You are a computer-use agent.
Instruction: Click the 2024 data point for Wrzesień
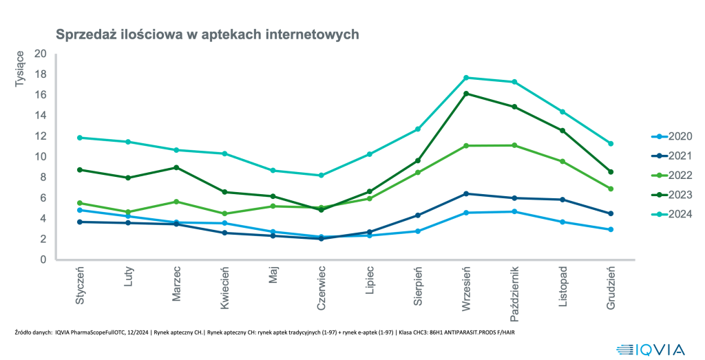click(466, 78)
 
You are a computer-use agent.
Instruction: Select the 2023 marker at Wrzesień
click(466, 94)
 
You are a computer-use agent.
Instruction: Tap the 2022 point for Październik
click(514, 145)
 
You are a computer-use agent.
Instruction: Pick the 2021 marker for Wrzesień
click(466, 193)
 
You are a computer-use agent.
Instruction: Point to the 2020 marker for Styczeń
click(80, 210)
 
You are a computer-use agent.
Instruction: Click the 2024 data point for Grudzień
click(611, 143)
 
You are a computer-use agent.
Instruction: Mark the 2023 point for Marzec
click(176, 167)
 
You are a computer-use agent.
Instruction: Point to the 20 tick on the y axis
click(41, 54)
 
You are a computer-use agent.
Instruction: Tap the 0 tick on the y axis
click(43, 260)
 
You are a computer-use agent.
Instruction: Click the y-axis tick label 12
click(41, 136)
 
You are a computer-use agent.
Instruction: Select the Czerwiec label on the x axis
click(321, 288)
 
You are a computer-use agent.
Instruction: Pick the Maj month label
click(273, 275)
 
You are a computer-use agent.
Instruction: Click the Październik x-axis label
click(514, 295)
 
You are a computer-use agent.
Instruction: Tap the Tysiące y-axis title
click(20, 69)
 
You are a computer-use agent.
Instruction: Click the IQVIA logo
click(651, 350)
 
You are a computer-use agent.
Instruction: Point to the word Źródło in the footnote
click(23, 332)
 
